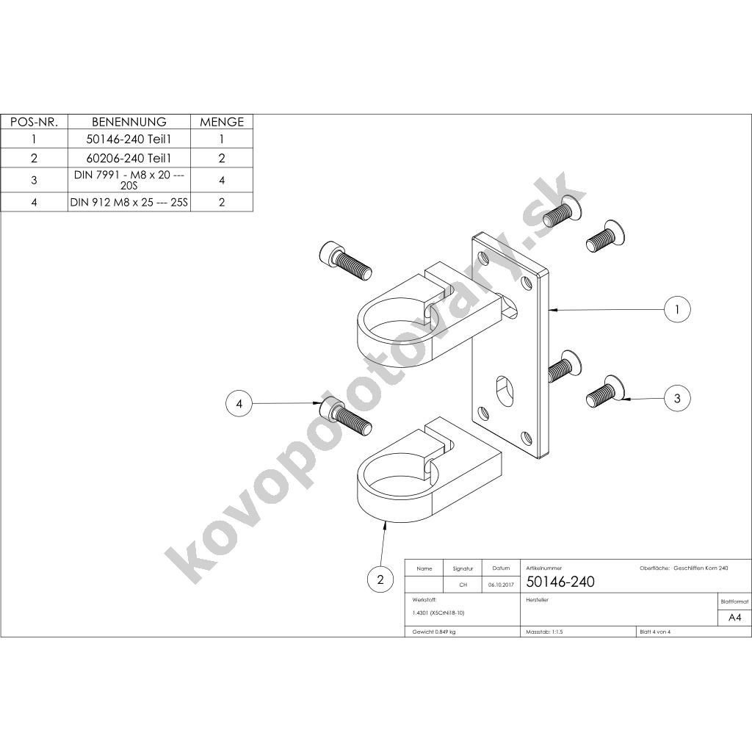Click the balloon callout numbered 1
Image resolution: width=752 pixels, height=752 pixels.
pyautogui.click(x=676, y=310)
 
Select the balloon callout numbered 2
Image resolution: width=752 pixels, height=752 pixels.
pyautogui.click(x=380, y=580)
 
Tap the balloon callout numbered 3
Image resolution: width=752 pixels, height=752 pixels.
pyautogui.click(x=676, y=399)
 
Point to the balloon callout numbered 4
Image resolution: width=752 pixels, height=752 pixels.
pyautogui.click(x=239, y=403)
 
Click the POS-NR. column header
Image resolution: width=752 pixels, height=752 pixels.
pyautogui.click(x=34, y=122)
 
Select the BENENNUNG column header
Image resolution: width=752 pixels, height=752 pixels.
pyautogui.click(x=129, y=122)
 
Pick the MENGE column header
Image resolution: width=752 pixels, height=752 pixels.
pyautogui.click(x=221, y=122)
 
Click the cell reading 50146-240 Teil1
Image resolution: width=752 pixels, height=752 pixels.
pyautogui.click(x=129, y=139)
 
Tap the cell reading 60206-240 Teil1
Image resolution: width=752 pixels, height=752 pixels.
pyautogui.click(x=129, y=158)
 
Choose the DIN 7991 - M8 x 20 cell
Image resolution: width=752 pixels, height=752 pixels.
pyautogui.click(x=129, y=180)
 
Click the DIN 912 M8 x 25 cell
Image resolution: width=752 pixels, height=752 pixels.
pyautogui.click(x=129, y=202)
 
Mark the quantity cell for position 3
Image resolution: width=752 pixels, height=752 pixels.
pyautogui.click(x=221, y=180)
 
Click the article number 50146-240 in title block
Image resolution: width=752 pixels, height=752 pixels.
pyautogui.click(x=561, y=582)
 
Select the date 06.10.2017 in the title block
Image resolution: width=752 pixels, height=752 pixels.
pyautogui.click(x=500, y=585)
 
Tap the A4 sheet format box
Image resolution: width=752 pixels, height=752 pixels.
pyautogui.click(x=734, y=618)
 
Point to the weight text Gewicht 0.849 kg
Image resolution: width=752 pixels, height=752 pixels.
pyautogui.click(x=435, y=632)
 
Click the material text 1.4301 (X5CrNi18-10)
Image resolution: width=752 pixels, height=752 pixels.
pyautogui.click(x=439, y=612)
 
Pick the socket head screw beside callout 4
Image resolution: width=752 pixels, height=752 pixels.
pyautogui.click(x=345, y=416)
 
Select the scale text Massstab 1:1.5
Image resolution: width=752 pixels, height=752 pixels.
pyautogui.click(x=546, y=632)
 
